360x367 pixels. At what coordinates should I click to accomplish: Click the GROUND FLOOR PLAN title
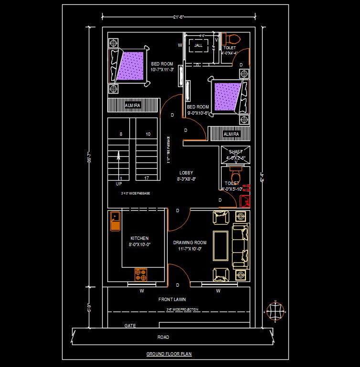(x=169, y=354)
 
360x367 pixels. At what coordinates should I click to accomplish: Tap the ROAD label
(x=163, y=337)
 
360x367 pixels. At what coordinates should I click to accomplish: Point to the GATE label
(x=130, y=326)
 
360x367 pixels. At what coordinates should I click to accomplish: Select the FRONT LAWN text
(x=172, y=300)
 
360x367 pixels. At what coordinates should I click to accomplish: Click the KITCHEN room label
(x=139, y=238)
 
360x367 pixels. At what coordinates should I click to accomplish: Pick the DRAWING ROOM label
(x=190, y=243)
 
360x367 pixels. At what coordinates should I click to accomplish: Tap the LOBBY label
(x=186, y=173)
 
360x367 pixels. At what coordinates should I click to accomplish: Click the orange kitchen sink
(x=115, y=221)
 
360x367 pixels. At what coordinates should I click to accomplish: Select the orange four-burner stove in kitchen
(x=140, y=274)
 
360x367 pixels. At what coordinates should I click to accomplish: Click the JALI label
(x=199, y=46)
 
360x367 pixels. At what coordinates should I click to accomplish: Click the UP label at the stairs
(x=118, y=183)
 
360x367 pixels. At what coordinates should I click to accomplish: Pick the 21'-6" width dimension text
(x=178, y=17)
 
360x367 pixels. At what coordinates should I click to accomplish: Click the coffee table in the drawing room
(x=220, y=246)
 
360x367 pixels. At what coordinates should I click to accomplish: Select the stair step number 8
(x=121, y=134)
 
